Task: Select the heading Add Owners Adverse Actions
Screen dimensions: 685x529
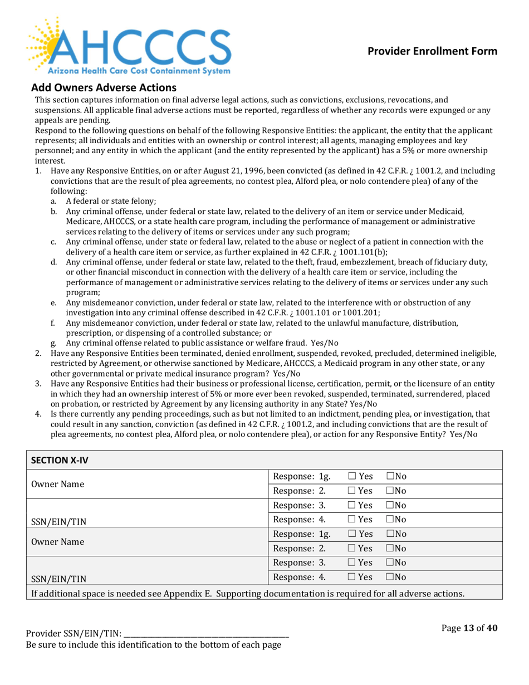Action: [104, 87]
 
